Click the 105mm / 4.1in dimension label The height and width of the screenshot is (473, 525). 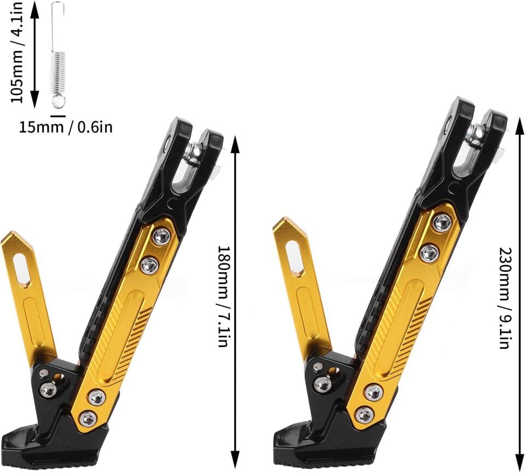[17, 52]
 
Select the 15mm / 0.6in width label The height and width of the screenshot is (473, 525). [66, 128]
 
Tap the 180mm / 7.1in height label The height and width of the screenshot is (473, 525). [223, 297]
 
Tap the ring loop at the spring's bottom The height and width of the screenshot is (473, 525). [58, 102]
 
